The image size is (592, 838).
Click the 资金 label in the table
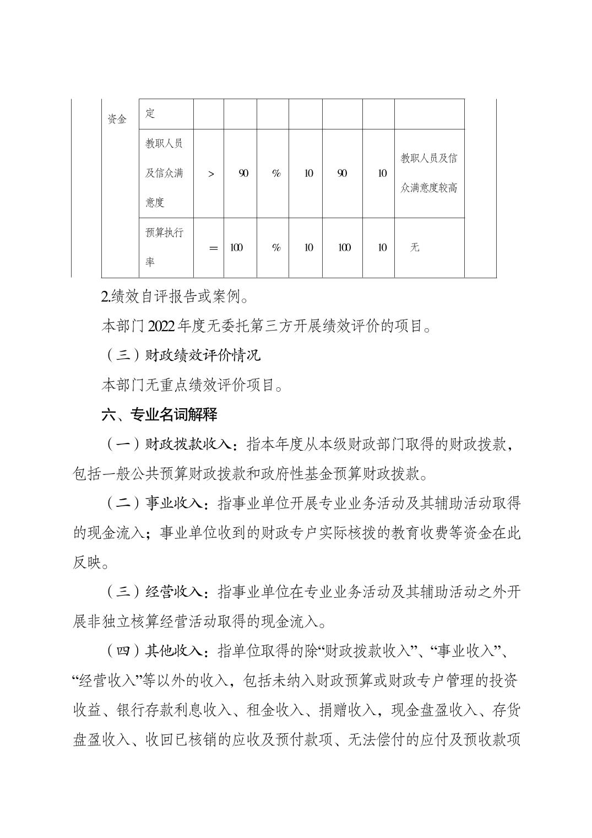[x=117, y=119]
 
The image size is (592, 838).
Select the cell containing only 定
[x=150, y=113]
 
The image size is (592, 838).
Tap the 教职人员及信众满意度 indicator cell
[x=165, y=173]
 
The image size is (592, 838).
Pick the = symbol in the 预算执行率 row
[x=213, y=248]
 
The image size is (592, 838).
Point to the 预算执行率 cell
[x=165, y=247]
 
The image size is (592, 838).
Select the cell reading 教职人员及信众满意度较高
[x=429, y=173]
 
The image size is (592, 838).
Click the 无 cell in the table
[x=415, y=247]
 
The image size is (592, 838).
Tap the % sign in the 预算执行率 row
[x=276, y=248]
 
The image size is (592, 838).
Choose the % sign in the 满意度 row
[x=276, y=174]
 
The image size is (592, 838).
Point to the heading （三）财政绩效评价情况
[x=182, y=355]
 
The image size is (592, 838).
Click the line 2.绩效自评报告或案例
[x=176, y=298]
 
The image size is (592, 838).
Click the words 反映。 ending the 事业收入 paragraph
[x=91, y=563]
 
